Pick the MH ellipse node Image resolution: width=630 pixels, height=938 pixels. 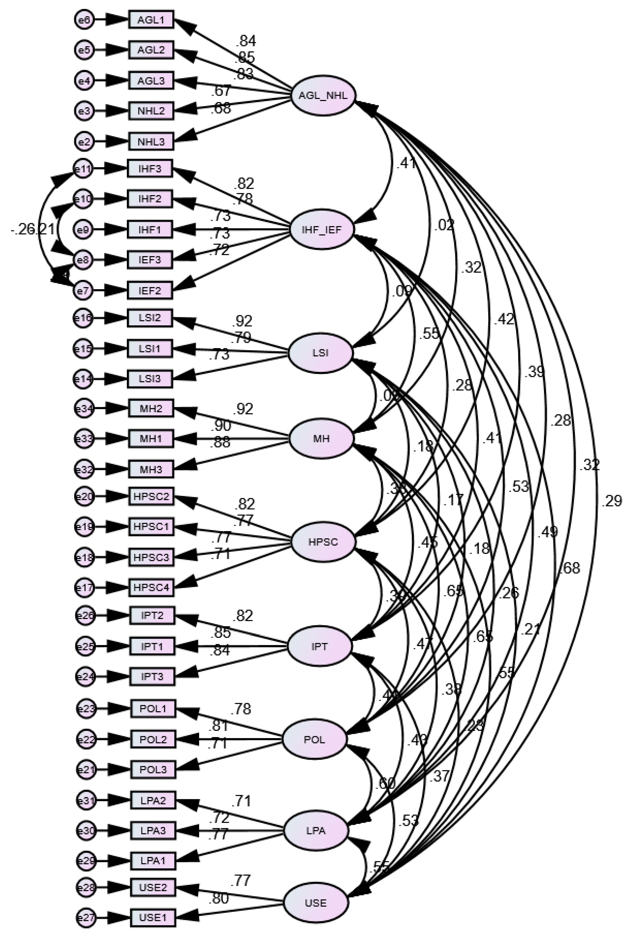point(321,438)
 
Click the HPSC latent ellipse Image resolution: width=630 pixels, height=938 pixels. point(323,542)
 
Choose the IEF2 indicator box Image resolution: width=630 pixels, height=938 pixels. point(150,290)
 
